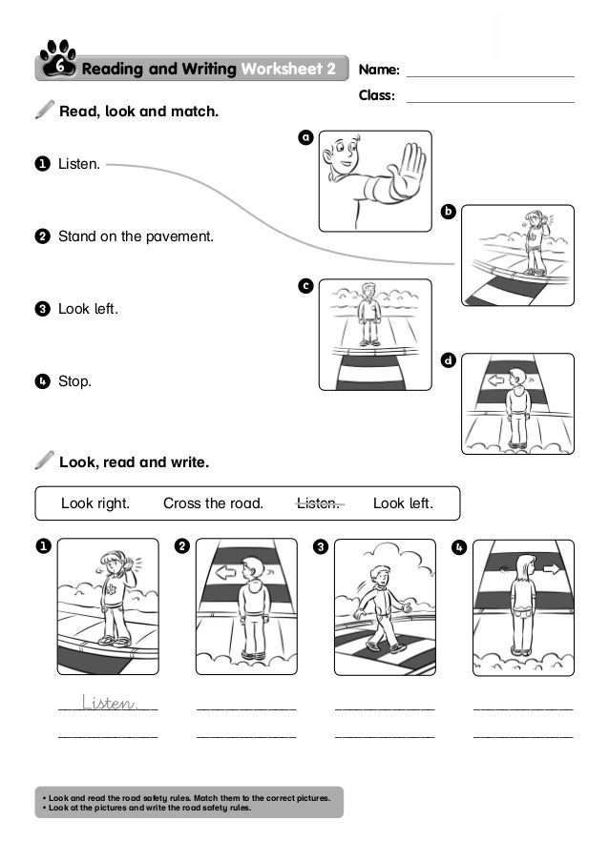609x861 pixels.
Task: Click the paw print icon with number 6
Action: tap(58, 60)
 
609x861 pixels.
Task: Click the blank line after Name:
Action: tap(490, 74)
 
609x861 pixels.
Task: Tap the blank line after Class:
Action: tap(490, 100)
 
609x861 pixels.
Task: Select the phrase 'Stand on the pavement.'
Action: tap(136, 236)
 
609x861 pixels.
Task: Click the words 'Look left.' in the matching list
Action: tap(88, 309)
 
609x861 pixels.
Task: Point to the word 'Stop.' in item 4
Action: tap(74, 382)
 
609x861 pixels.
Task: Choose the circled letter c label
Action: tap(305, 285)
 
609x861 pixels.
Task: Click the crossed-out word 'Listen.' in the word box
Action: tap(319, 503)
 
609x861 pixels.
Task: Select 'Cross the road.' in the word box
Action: tap(213, 503)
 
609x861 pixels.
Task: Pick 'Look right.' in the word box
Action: tap(95, 503)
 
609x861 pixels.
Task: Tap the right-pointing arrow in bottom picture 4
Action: tap(551, 569)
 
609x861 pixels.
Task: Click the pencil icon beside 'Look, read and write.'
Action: tap(44, 461)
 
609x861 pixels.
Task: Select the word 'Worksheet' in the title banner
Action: tap(281, 69)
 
